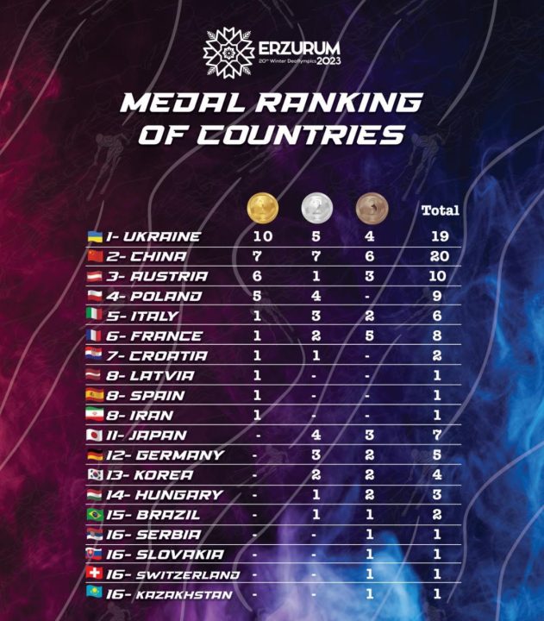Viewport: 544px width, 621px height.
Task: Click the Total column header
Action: (x=440, y=210)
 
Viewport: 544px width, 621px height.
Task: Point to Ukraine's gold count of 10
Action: (x=263, y=236)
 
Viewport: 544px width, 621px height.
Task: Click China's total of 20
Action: (x=438, y=256)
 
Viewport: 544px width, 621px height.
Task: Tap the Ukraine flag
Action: (x=96, y=236)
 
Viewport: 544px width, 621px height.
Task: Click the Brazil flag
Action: (x=96, y=515)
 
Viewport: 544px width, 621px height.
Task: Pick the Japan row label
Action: (x=150, y=436)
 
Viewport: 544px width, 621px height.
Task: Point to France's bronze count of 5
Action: (x=371, y=336)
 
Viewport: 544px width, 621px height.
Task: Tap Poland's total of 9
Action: (x=438, y=297)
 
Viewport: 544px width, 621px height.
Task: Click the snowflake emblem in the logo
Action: (x=228, y=53)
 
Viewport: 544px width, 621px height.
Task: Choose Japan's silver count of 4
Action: (x=316, y=436)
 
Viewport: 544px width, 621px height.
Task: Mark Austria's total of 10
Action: (x=438, y=276)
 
